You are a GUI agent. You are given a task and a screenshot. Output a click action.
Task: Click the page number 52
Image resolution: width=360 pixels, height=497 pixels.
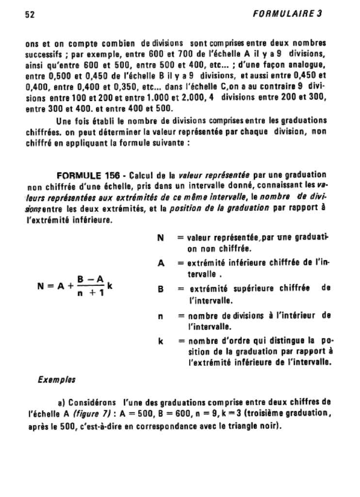coord(31,14)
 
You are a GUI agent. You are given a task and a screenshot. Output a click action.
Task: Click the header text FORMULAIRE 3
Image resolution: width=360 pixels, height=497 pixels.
coord(288,14)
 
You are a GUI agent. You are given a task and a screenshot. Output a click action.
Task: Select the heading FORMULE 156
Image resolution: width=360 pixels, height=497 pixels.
coord(85,175)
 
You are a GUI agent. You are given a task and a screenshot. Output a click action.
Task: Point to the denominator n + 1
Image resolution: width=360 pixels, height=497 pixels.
coord(91,293)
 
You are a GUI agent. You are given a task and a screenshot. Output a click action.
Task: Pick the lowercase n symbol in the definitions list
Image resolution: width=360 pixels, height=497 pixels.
coord(160,315)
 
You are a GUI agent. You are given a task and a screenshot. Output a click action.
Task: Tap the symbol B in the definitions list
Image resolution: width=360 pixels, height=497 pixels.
coord(161,289)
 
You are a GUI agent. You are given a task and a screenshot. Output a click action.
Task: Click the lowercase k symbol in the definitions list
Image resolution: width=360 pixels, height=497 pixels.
coord(160,341)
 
